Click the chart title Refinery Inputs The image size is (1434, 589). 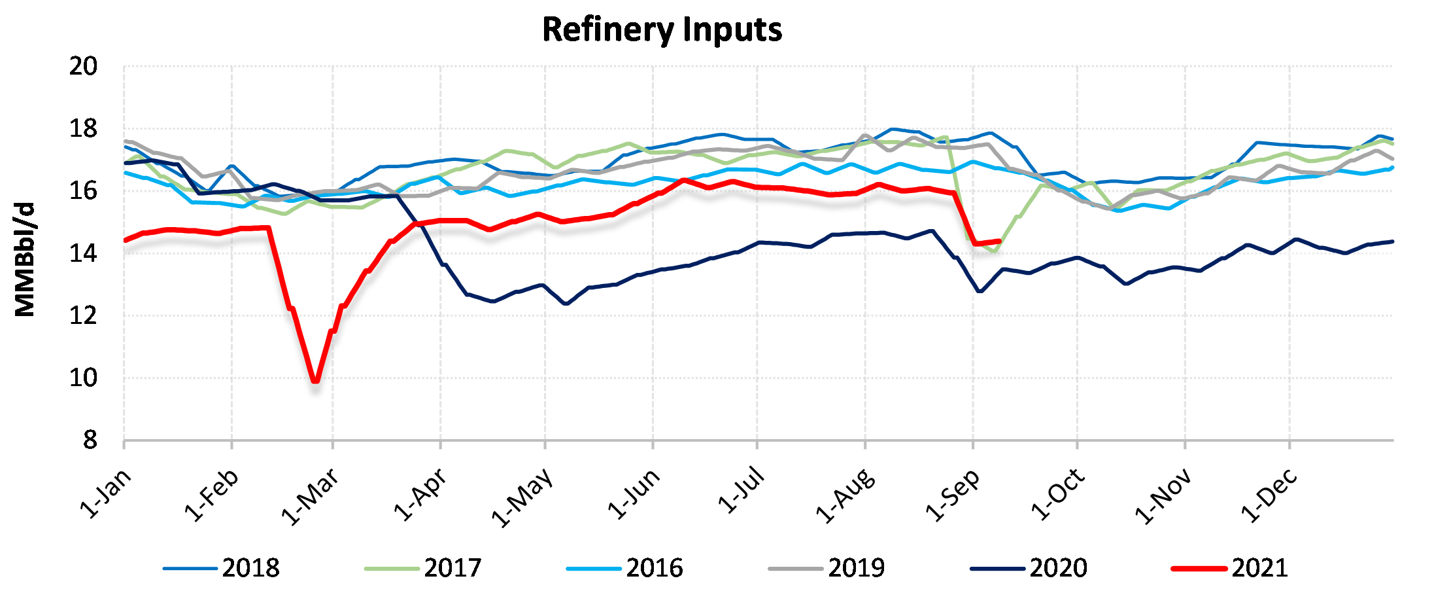(662, 30)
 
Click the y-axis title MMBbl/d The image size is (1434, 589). (25, 260)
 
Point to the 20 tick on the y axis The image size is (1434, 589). (83, 66)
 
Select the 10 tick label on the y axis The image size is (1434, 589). (83, 378)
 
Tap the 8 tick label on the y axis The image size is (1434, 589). (90, 440)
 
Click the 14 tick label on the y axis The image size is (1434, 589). (83, 253)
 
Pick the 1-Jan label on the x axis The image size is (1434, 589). (105, 494)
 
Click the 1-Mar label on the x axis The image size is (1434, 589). (310, 497)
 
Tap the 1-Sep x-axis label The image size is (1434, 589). (953, 495)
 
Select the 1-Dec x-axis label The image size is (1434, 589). (1269, 496)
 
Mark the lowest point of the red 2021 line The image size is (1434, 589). (316, 380)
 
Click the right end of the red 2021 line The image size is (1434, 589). (999, 241)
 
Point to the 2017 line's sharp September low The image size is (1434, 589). (995, 251)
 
